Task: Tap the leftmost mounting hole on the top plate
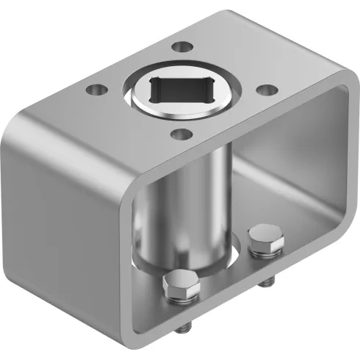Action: [x=93, y=91]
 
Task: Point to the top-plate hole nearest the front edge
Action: [x=179, y=134]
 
